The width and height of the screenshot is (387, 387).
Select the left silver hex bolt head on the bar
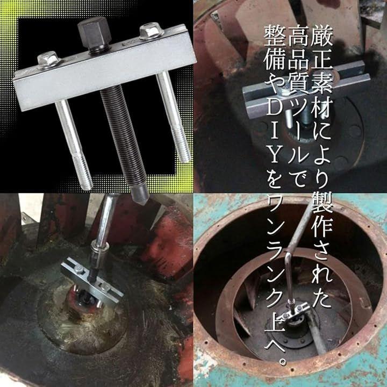point(48,59)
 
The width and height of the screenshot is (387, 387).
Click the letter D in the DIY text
point(274,111)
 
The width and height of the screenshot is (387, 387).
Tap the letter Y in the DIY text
point(274,155)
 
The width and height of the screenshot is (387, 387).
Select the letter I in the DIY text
point(274,133)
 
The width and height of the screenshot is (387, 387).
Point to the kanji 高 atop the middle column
point(298,35)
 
